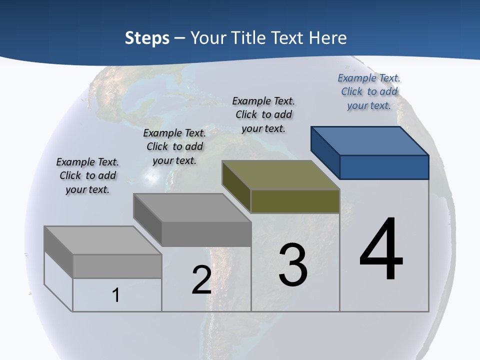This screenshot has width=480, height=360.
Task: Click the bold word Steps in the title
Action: coord(147,38)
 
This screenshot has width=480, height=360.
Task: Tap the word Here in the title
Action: coord(328,38)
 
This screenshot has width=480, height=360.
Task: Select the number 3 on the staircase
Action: coord(293,265)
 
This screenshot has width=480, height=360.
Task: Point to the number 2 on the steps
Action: coord(201,280)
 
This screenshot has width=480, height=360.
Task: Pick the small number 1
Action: coord(116,295)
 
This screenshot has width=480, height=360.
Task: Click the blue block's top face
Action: coord(370,140)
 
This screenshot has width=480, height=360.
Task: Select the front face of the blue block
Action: coord(384,167)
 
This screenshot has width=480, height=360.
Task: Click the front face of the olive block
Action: coord(295,201)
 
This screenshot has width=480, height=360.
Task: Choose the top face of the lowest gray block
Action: coord(103,240)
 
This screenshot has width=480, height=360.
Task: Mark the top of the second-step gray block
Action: coord(192,207)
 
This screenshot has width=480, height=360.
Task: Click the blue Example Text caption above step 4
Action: coord(369,91)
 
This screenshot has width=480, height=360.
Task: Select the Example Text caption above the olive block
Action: coord(263,114)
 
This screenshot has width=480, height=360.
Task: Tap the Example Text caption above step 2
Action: coord(174,146)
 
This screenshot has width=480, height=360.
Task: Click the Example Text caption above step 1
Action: coord(87,175)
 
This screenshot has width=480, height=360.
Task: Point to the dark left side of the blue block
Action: coord(325,150)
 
